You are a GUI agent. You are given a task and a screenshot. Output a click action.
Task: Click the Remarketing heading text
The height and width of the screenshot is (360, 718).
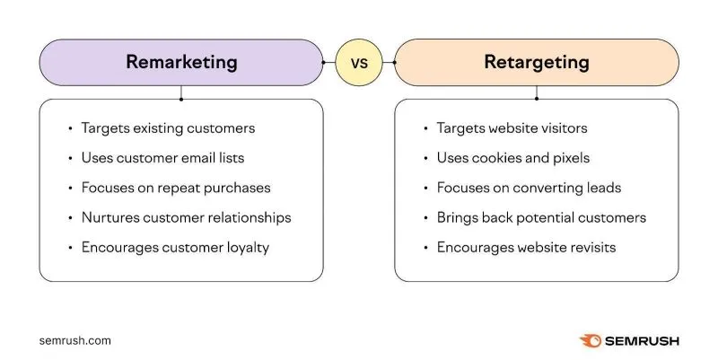coord(181,62)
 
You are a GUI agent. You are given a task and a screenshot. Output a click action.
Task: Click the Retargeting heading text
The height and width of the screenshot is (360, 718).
coord(537,62)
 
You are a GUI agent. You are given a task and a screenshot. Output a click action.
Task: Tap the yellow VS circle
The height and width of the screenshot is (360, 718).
coord(359,63)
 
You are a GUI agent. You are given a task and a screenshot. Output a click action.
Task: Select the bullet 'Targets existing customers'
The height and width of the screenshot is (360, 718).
coord(168,128)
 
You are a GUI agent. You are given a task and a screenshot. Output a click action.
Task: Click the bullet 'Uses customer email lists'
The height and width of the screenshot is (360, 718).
coord(162,158)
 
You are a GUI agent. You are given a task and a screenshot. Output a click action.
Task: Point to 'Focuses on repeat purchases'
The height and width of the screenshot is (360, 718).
coord(176,188)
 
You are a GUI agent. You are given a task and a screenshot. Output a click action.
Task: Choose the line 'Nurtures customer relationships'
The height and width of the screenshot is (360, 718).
coord(186,217)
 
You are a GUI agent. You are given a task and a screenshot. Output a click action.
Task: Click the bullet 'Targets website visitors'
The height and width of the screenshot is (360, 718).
coord(512,128)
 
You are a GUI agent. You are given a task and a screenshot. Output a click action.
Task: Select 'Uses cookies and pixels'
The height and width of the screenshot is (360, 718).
coord(513,158)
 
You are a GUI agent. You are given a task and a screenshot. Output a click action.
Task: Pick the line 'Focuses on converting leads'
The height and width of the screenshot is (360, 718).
coord(529,188)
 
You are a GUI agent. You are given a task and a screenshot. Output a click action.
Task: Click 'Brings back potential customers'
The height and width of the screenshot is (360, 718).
coord(541,217)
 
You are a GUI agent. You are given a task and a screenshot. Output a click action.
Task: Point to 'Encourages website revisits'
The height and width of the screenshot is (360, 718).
coord(526,247)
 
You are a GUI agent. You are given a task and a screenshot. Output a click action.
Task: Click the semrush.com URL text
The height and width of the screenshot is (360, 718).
coord(75,341)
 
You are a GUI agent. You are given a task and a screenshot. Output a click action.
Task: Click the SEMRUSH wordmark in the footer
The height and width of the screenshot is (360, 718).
coord(642,341)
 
